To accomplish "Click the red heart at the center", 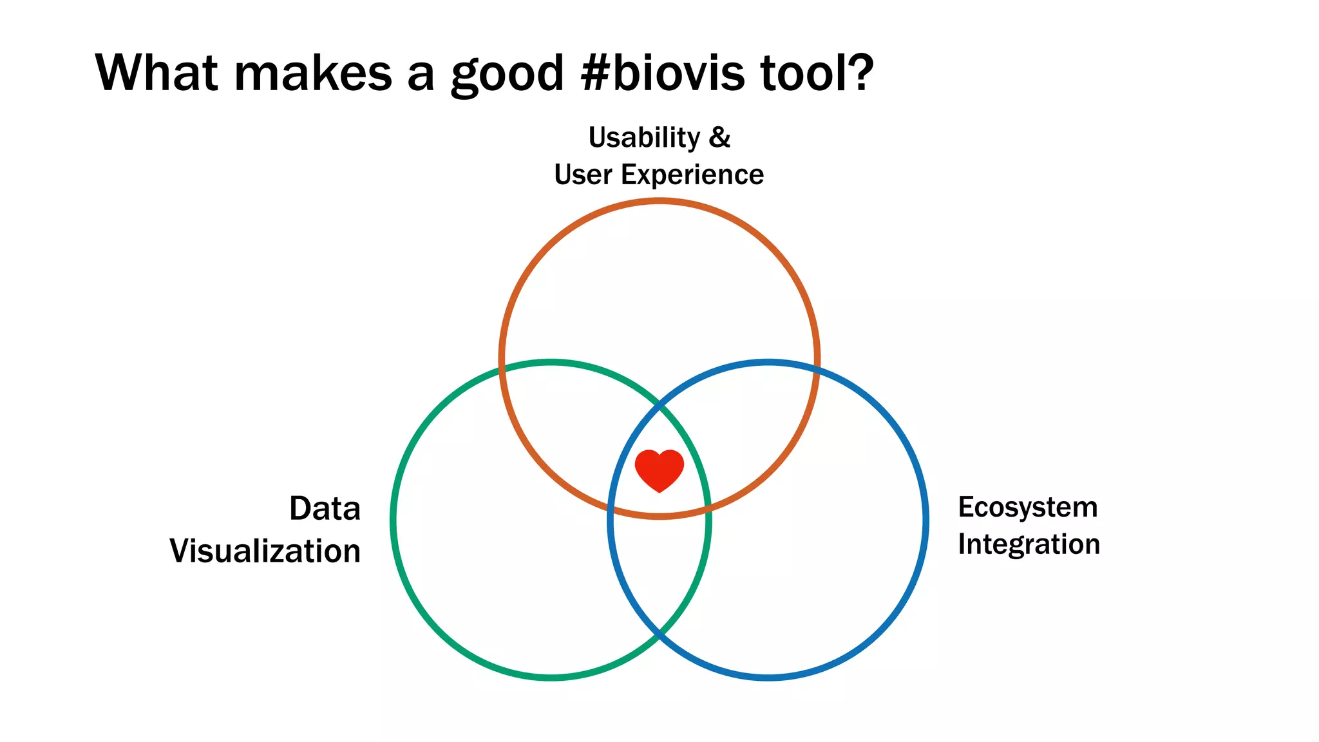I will coord(659,470).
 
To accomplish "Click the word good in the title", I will coord(507,75).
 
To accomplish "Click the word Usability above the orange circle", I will coord(644,138).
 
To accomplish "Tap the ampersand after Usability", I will coord(719,137).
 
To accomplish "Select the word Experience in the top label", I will coord(692,175).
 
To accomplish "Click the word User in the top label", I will coord(582,175).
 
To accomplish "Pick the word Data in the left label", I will coord(325,508).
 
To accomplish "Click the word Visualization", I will coord(265,551).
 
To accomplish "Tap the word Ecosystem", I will coord(1027,508).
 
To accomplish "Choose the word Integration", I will coord(1029,544).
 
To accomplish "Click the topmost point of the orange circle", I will coord(659,201).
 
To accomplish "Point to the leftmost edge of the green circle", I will coord(393,520).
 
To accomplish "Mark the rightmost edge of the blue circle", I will coord(926,520).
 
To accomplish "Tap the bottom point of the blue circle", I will coord(768,678).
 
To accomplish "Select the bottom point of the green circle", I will coord(551,678).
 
